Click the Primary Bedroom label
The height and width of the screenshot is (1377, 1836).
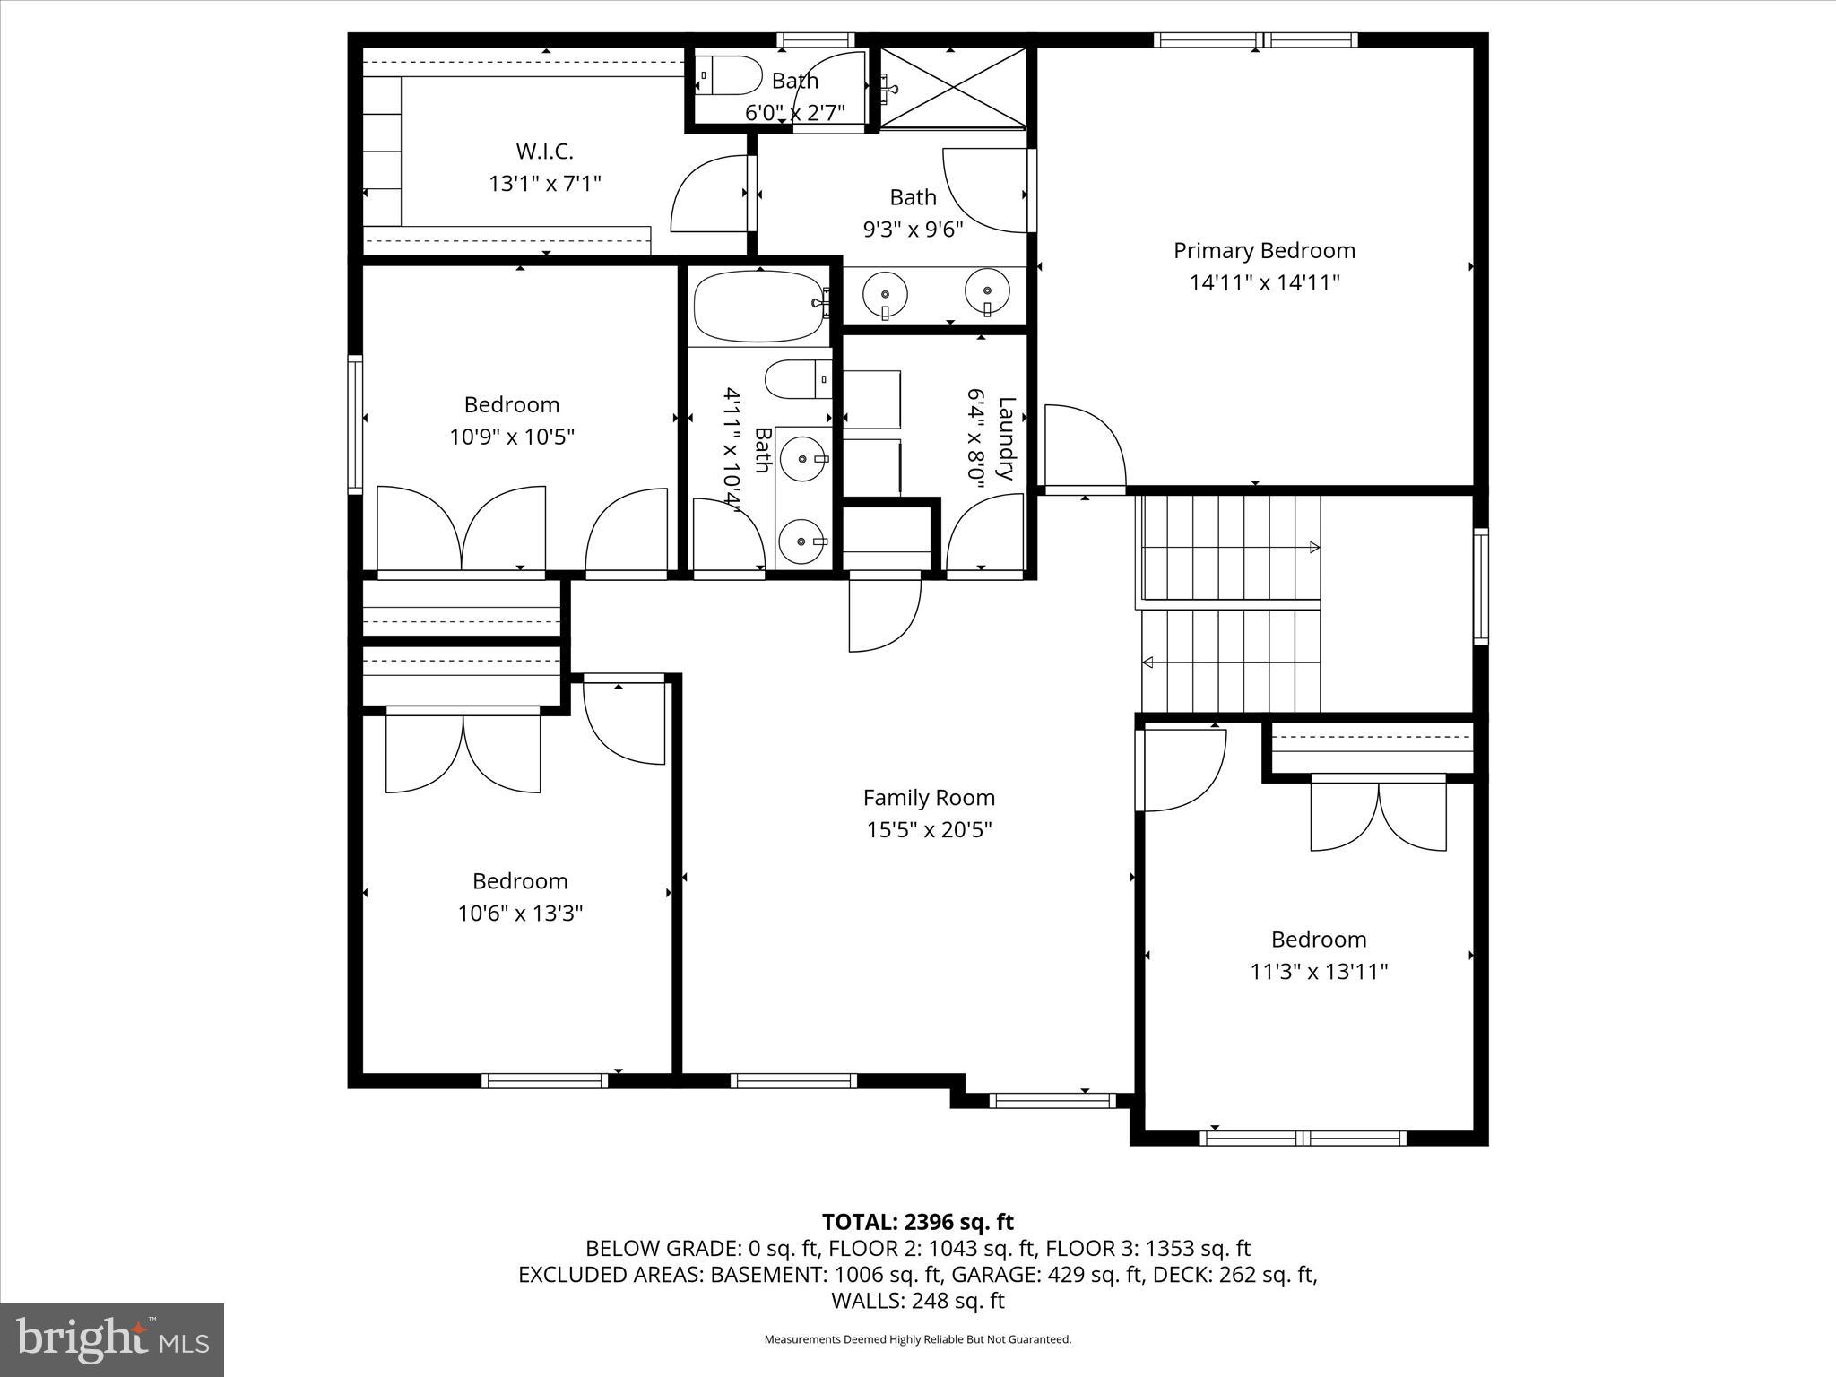1264,251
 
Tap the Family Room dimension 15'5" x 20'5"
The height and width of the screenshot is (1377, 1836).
929,830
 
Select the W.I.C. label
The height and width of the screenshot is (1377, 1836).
544,151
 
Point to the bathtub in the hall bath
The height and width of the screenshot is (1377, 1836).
758,307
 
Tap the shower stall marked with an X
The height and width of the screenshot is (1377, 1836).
952,88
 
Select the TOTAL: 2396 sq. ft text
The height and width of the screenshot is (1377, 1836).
917,1222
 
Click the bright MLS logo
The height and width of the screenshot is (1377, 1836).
112,1339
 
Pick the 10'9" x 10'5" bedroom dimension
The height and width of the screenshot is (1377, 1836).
511,437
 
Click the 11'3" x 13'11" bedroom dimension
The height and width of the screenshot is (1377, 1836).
1319,972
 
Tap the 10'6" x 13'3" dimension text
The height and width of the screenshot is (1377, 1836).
520,914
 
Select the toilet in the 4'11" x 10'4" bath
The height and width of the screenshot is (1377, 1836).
797,379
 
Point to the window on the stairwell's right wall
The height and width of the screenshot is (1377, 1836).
1481,586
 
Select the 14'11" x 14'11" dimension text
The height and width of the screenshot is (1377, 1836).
1264,283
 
